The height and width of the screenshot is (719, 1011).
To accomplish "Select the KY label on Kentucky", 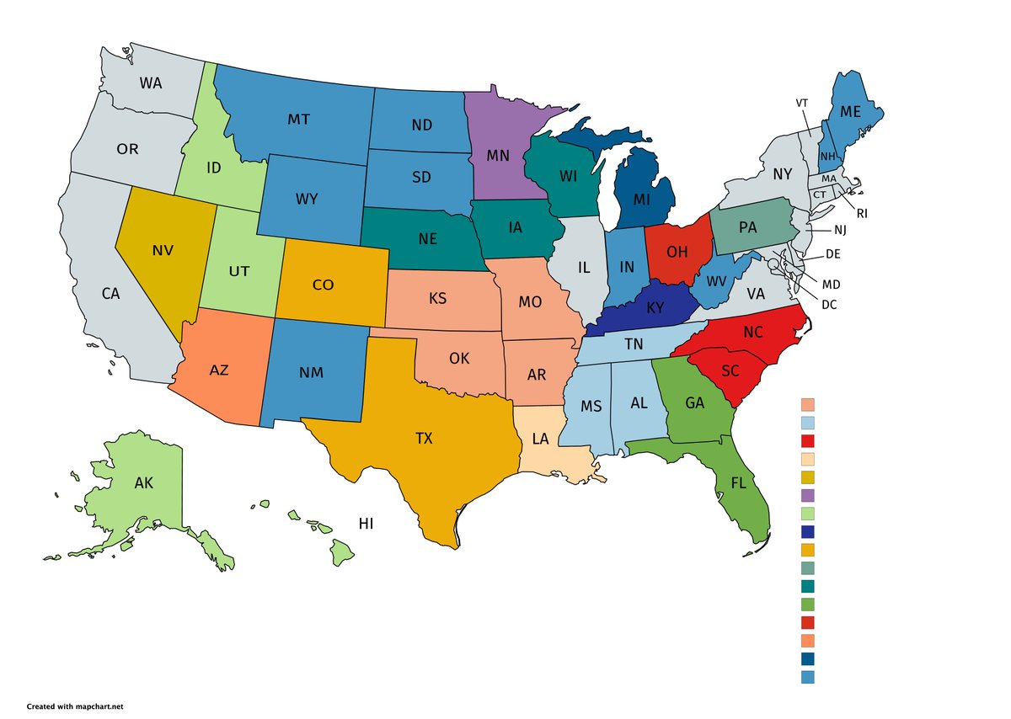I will [x=655, y=307].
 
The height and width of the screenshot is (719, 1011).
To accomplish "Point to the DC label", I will [x=829, y=305].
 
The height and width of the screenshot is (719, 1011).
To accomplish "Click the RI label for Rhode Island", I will [x=861, y=214].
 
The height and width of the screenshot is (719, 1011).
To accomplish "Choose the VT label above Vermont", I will [x=802, y=103].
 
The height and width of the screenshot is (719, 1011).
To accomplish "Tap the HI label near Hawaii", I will [x=366, y=524].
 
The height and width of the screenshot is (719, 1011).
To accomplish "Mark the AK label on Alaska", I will [x=144, y=483].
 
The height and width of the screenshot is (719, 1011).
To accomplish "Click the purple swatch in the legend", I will [x=808, y=495].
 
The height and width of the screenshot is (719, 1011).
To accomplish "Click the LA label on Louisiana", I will [x=541, y=439].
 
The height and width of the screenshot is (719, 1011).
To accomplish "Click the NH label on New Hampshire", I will [x=827, y=157].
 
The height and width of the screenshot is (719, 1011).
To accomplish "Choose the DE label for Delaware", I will [x=833, y=253].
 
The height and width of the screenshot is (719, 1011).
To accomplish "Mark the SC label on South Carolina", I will [x=730, y=370].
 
